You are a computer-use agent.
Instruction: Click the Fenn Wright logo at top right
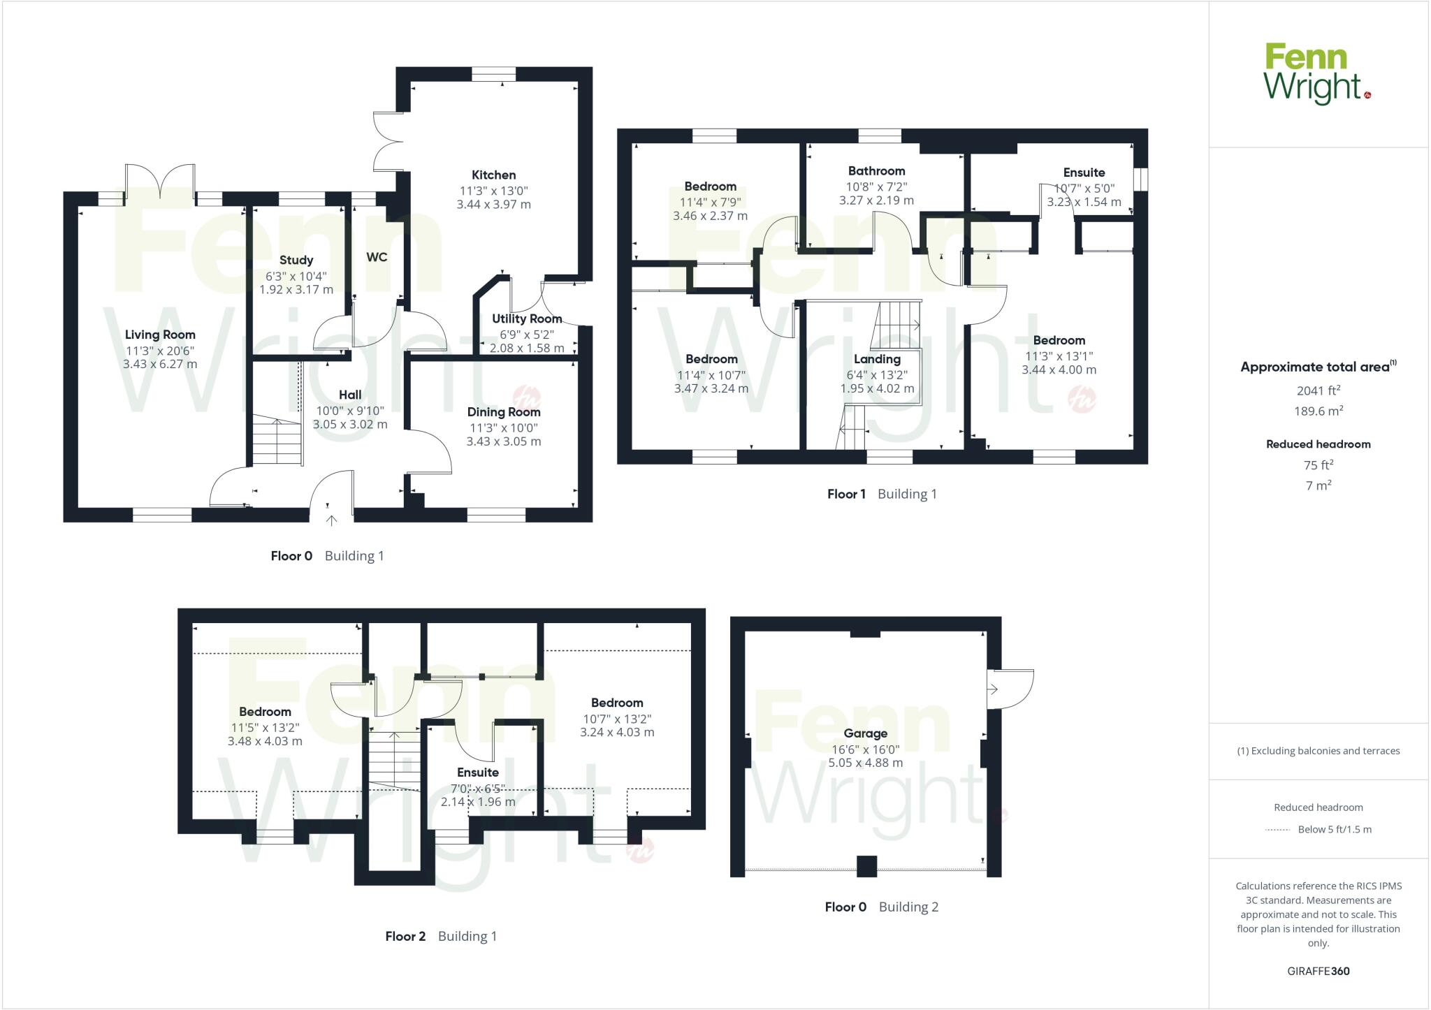pos(1317,73)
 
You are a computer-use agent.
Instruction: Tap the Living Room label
pos(160,335)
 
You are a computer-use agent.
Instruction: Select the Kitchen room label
pos(493,175)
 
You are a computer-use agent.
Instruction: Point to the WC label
pos(377,257)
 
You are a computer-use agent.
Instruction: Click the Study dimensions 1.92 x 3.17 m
pos(296,289)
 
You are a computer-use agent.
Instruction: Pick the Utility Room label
pos(527,319)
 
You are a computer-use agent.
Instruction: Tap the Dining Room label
pos(504,412)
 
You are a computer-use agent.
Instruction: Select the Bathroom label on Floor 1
pos(876,171)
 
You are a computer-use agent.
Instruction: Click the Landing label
pos(877,359)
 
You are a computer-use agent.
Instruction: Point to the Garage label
pos(865,733)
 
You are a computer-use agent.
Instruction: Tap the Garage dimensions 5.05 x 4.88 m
pos(865,763)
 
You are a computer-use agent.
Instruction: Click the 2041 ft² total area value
pos(1318,391)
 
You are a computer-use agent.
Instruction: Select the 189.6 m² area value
pos(1318,411)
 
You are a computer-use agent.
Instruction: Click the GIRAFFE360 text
pos(1318,971)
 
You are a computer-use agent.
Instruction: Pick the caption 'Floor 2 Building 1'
pos(441,936)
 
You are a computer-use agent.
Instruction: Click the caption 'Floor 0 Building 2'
pos(881,907)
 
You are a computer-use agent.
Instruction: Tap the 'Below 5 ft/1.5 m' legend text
pos(1335,830)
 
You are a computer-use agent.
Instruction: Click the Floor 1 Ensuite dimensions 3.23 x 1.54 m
pos(1084,202)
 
